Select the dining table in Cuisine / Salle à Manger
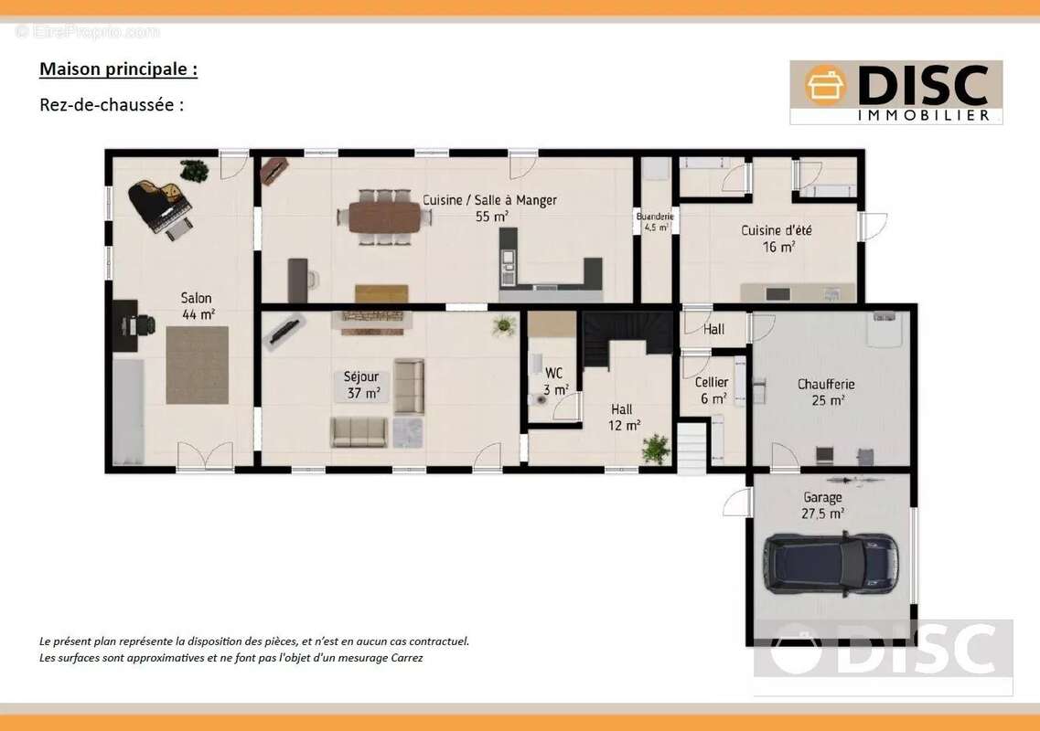(385, 217)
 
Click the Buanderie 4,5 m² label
(655, 221)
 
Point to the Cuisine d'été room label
(777, 238)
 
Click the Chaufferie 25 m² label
(827, 392)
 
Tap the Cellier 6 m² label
(712, 390)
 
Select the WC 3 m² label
(555, 382)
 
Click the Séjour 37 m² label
(361, 385)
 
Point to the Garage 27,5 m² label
(822, 505)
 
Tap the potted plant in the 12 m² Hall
(656, 449)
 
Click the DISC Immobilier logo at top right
(896, 92)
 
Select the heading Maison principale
(118, 69)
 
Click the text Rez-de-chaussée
(112, 105)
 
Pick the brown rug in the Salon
(197, 365)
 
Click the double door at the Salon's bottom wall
(206, 456)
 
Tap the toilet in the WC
(539, 398)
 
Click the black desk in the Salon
(124, 325)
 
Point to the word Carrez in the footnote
(407, 658)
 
